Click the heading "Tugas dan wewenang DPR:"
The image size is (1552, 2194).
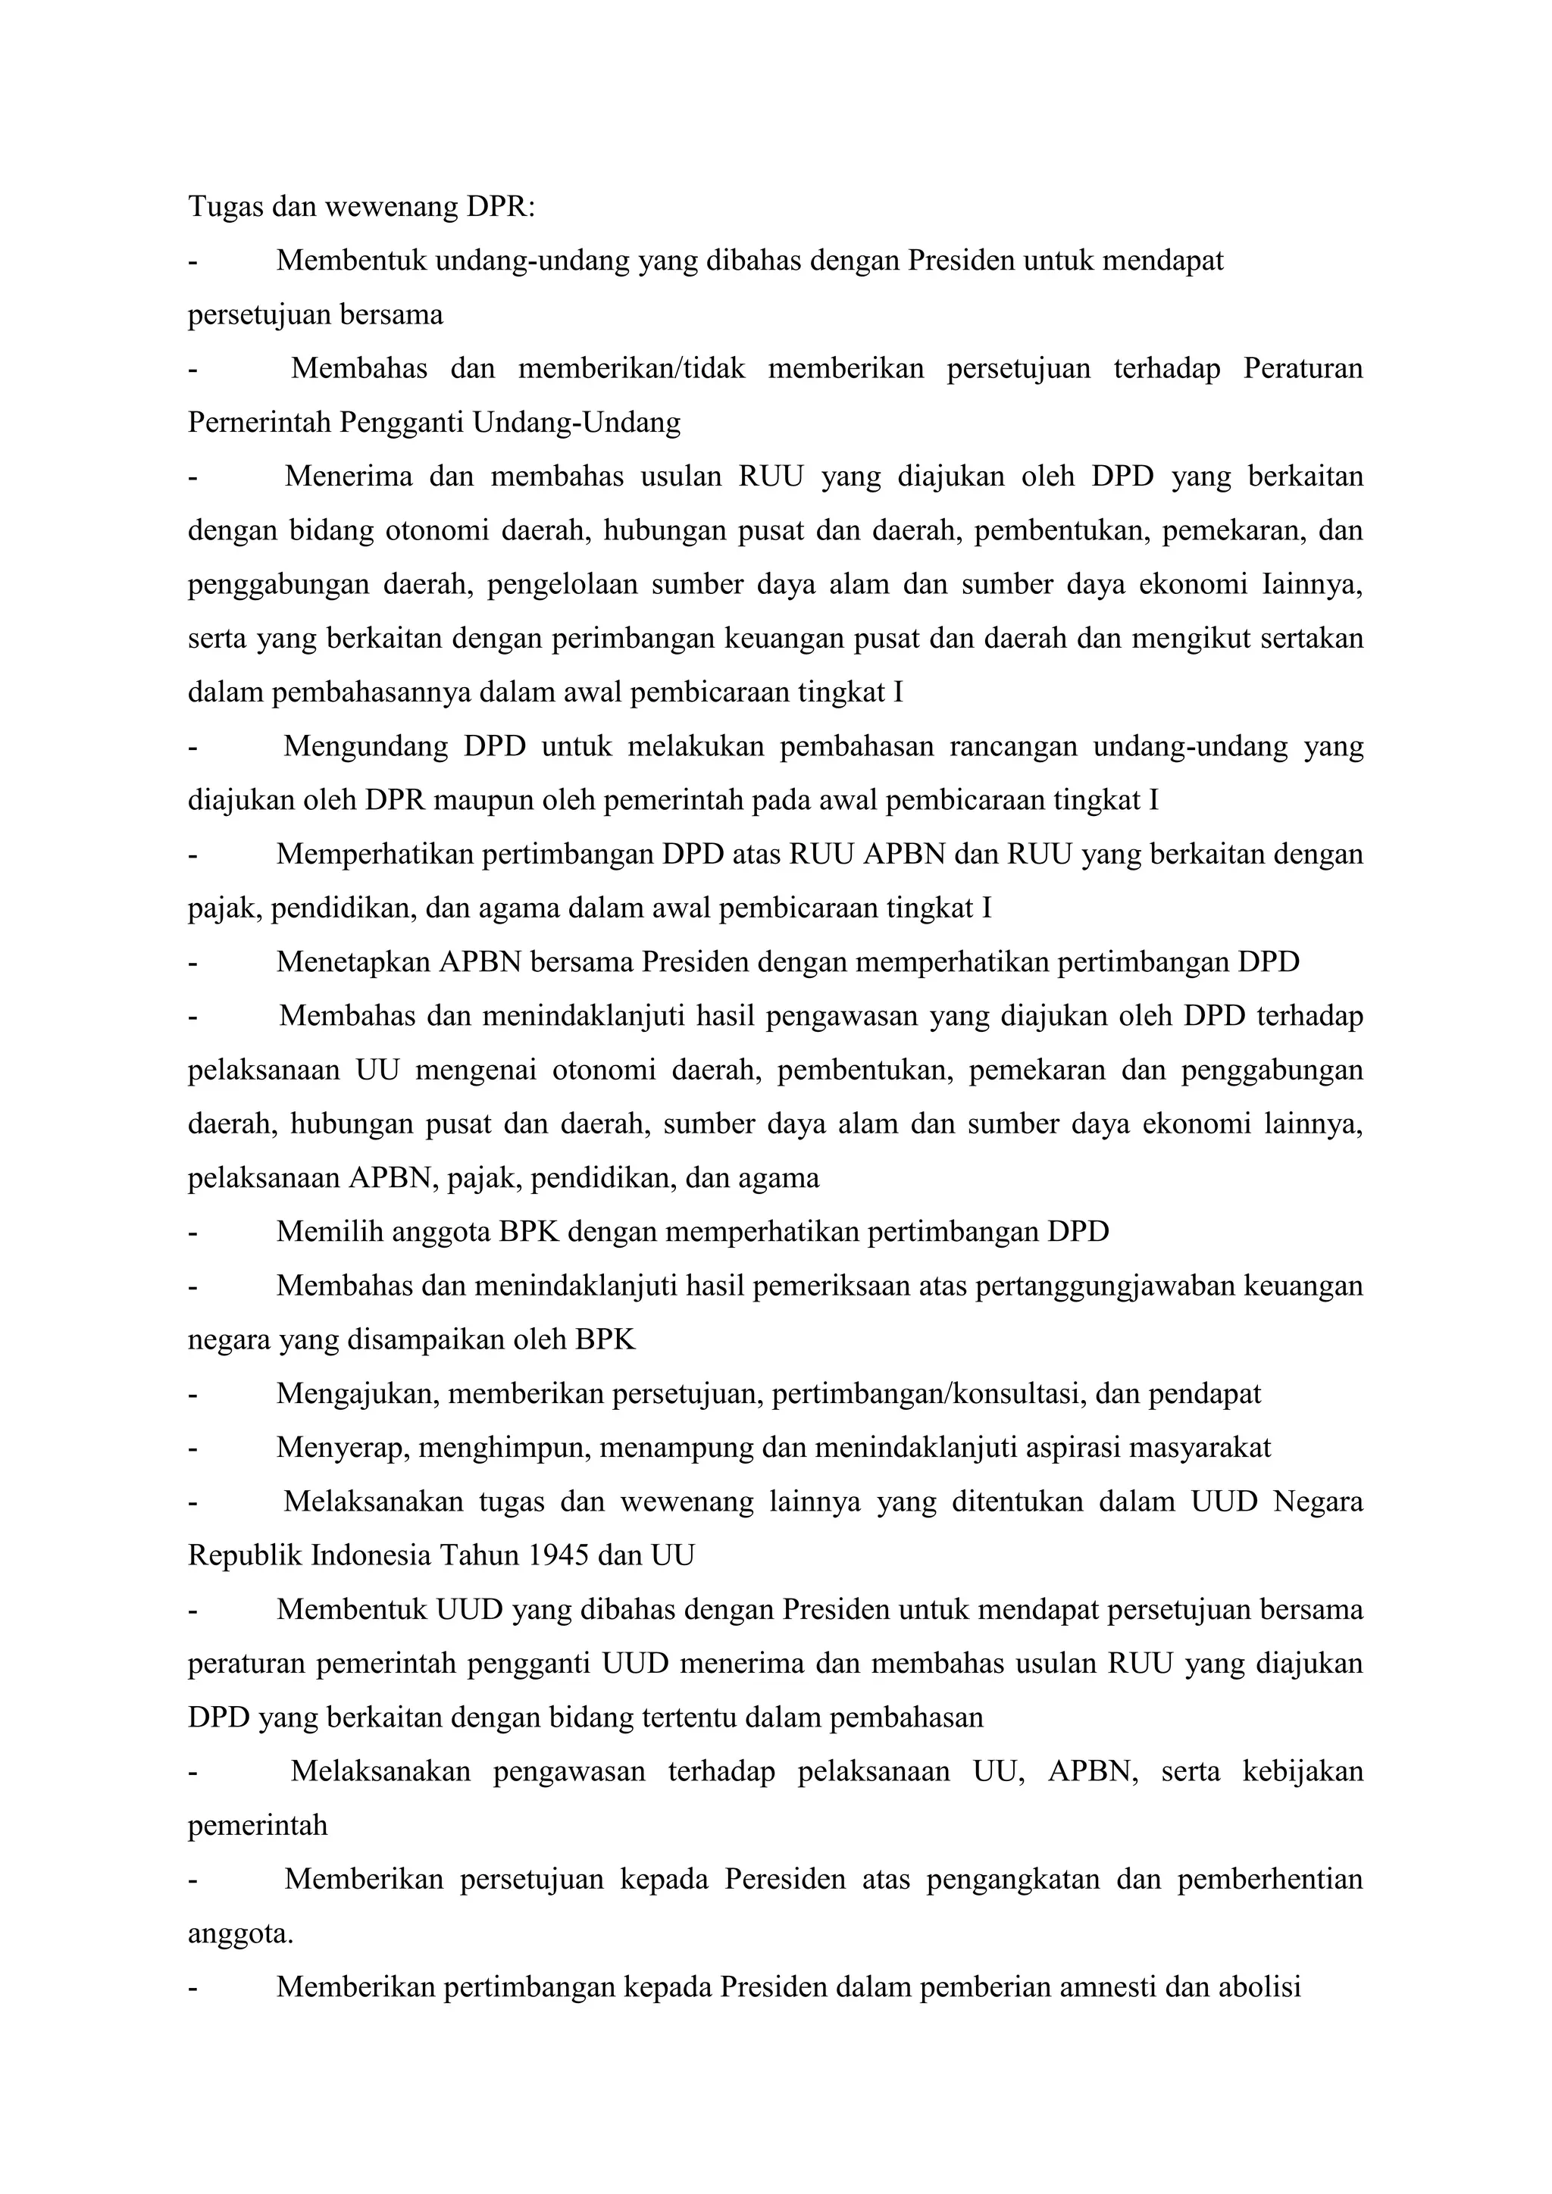[361, 206]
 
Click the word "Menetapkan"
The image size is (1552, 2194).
[354, 961]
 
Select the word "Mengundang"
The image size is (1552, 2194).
[366, 745]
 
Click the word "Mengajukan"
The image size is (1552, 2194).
[358, 1393]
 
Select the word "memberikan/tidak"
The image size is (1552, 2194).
[630, 368]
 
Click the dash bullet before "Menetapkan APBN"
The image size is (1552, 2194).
[194, 961]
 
